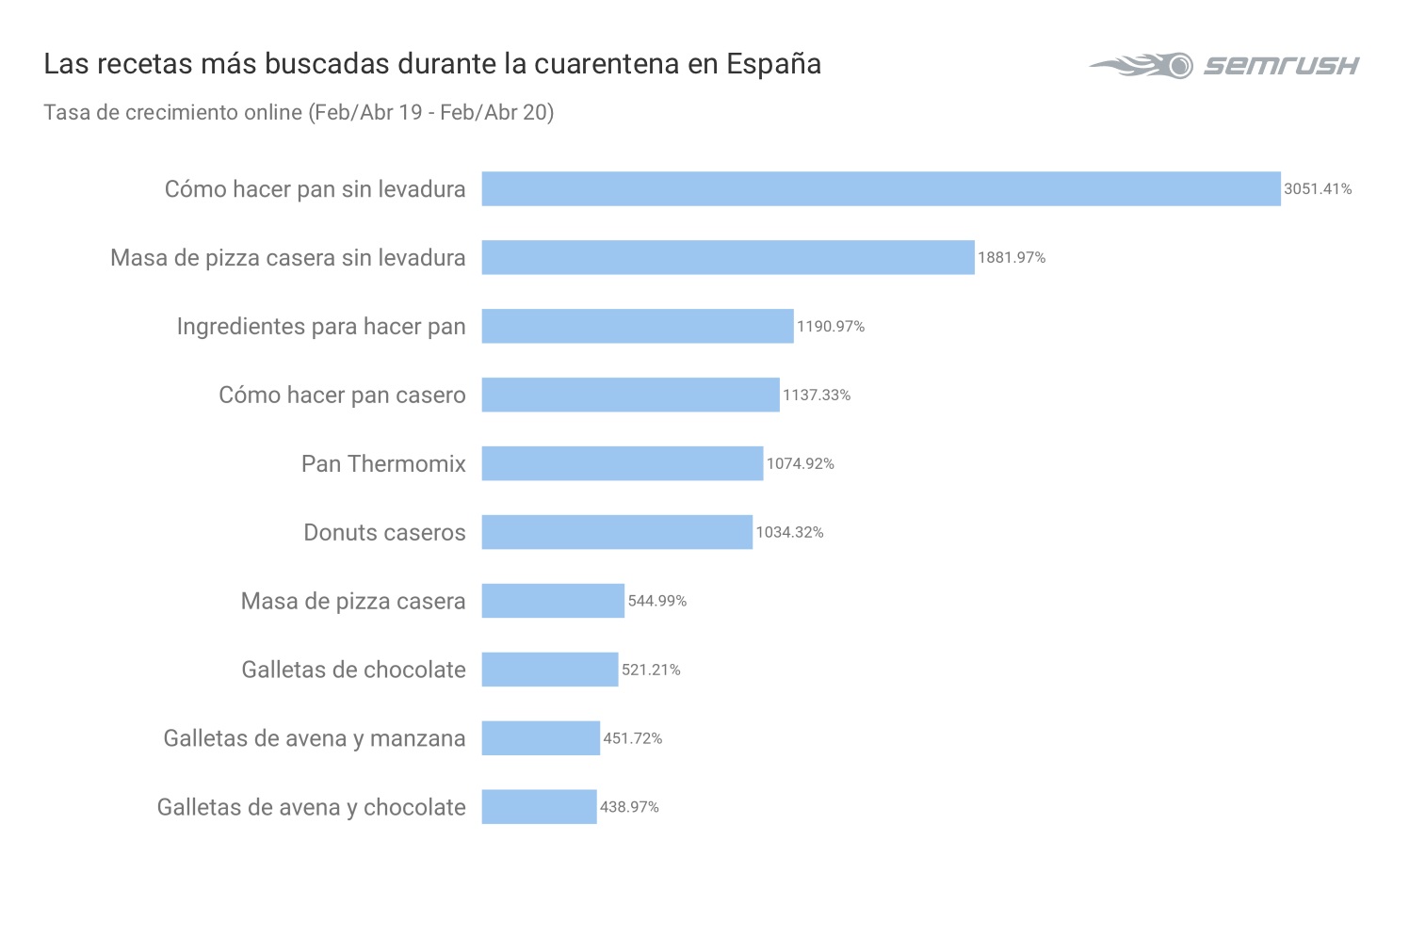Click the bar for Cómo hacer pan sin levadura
(881, 188)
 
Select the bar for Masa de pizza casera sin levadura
(727, 257)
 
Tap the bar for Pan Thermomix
(622, 463)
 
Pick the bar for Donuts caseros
(617, 532)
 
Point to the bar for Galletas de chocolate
(549, 670)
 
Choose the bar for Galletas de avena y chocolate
(539, 807)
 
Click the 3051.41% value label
(1318, 189)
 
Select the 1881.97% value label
(1012, 258)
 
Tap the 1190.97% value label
(831, 327)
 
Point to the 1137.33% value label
(817, 396)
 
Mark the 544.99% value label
(657, 601)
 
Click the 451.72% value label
(633, 738)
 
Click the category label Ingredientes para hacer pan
(321, 327)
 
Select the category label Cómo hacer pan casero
(342, 396)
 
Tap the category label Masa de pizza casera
(353, 601)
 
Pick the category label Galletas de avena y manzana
(315, 738)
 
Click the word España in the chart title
(773, 64)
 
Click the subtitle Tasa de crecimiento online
(173, 112)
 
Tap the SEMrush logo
(1224, 65)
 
